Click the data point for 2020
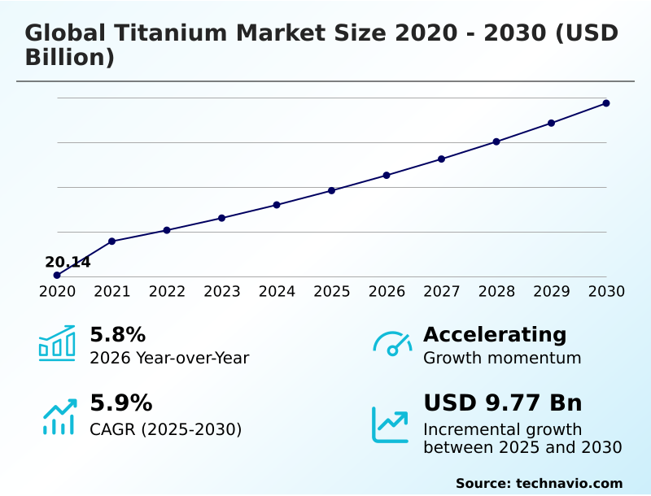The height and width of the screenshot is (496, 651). click(x=57, y=276)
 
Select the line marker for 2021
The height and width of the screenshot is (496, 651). click(x=111, y=241)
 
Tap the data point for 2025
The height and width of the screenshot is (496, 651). click(x=331, y=190)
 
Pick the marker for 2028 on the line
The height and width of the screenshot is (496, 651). click(x=496, y=141)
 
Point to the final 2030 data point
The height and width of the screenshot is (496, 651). click(x=606, y=103)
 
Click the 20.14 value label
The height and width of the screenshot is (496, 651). click(x=68, y=262)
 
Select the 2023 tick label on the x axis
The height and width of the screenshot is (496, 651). click(x=221, y=292)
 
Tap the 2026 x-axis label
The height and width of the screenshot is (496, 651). click(x=387, y=292)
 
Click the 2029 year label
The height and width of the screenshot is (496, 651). click(x=551, y=292)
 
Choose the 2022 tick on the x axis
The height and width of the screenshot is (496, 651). click(x=167, y=292)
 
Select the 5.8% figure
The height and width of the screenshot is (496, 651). click(x=117, y=334)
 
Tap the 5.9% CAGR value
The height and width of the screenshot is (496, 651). click(x=120, y=402)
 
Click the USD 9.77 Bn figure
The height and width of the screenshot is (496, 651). click(x=502, y=402)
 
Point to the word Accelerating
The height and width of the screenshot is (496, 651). click(x=495, y=334)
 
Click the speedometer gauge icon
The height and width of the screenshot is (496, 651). click(x=392, y=343)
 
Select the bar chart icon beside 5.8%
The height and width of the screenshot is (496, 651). click(x=57, y=343)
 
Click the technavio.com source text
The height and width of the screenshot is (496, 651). click(x=569, y=483)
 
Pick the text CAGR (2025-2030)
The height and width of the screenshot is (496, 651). click(x=165, y=429)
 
